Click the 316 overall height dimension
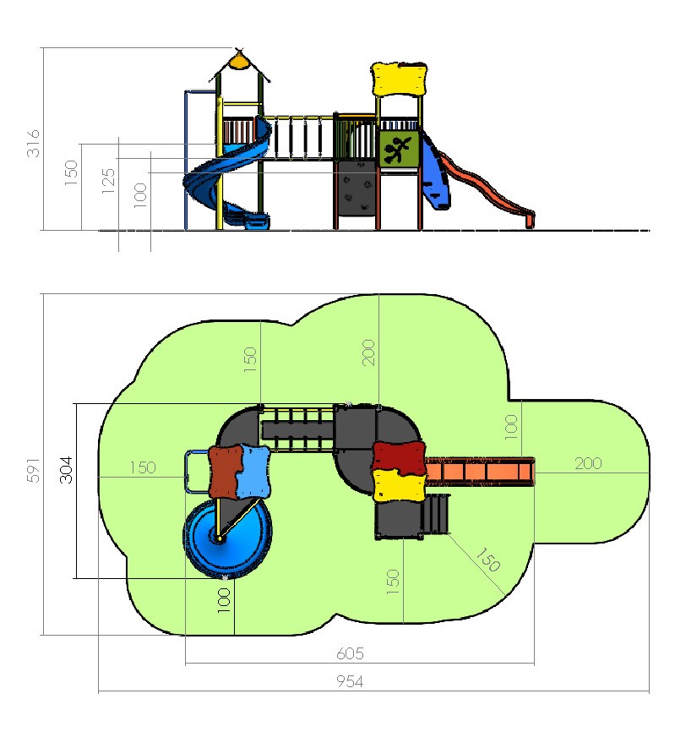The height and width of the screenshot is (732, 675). pyautogui.click(x=33, y=144)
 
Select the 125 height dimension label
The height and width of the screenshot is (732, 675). pyautogui.click(x=108, y=181)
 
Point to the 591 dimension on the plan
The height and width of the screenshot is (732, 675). pyautogui.click(x=33, y=470)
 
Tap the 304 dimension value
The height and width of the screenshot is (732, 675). pyautogui.click(x=66, y=470)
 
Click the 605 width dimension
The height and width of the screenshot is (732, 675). pyautogui.click(x=350, y=653)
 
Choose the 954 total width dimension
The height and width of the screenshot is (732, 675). pyautogui.click(x=350, y=681)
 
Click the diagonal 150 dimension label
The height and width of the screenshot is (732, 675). pyautogui.click(x=488, y=560)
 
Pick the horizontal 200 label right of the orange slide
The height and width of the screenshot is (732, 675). pyautogui.click(x=588, y=463)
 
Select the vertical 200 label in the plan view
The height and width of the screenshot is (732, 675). pyautogui.click(x=368, y=352)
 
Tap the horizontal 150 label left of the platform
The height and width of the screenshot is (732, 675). pyautogui.click(x=142, y=467)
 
